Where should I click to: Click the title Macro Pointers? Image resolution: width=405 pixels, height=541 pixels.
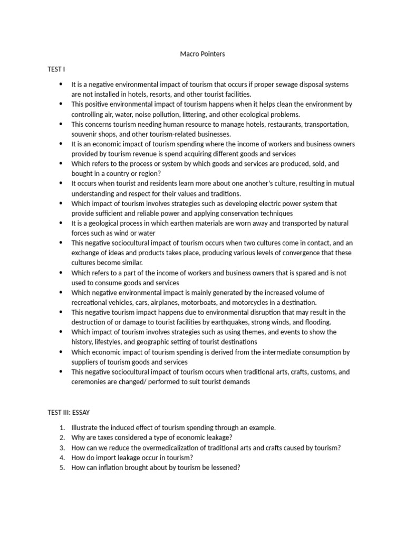(x=202, y=54)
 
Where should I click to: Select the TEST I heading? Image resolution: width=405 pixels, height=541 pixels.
(x=56, y=69)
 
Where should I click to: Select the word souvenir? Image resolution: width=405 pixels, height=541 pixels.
(x=85, y=134)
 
